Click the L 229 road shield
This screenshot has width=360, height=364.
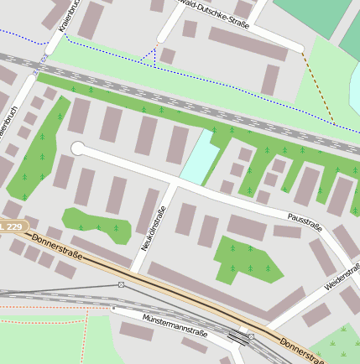[x=12, y=226]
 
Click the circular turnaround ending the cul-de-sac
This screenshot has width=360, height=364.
[x=78, y=148]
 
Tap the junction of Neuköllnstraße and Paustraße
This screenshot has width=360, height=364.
[x=175, y=181]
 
